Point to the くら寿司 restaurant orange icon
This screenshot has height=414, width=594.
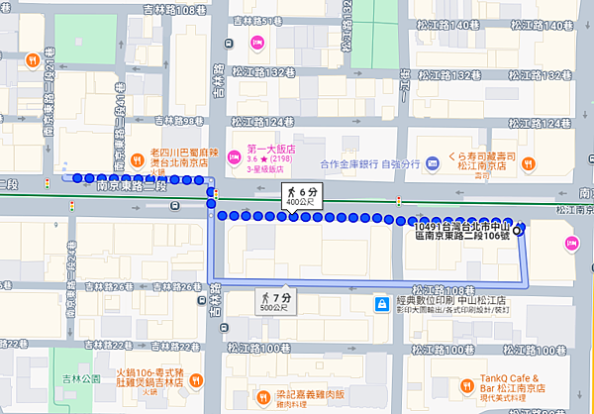point(529,163)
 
